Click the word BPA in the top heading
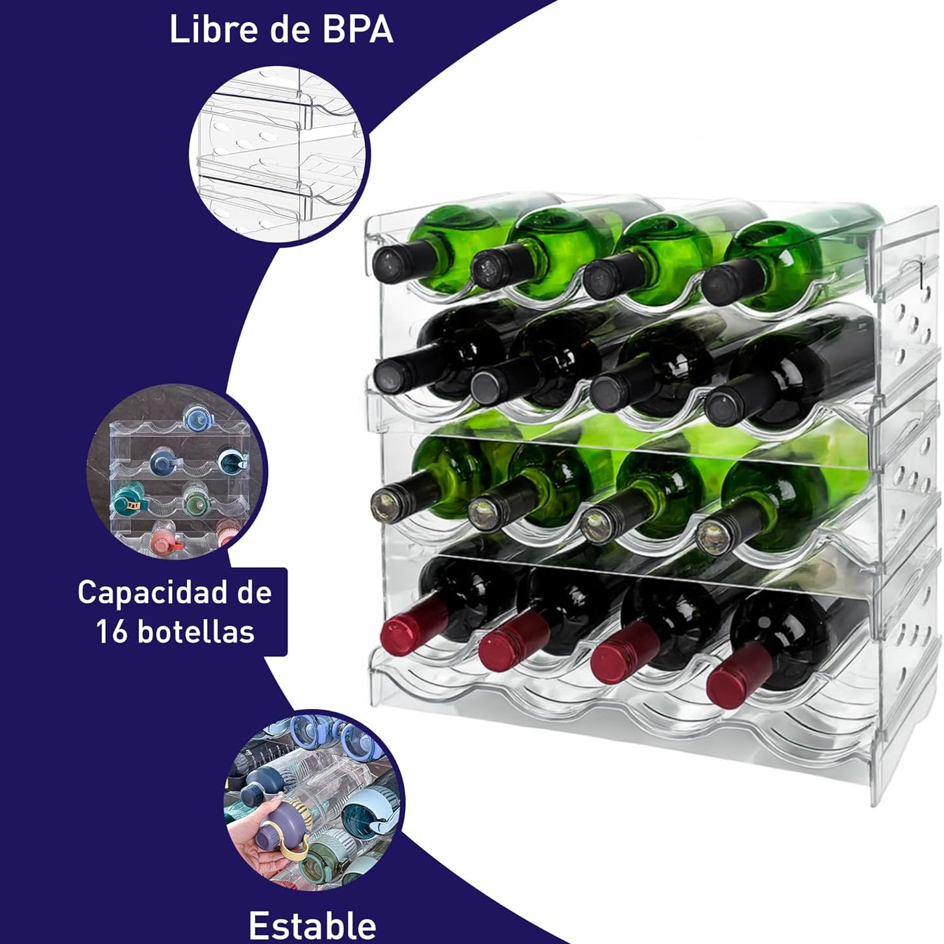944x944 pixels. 358,30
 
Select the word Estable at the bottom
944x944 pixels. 312,925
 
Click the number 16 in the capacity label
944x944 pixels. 112,631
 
